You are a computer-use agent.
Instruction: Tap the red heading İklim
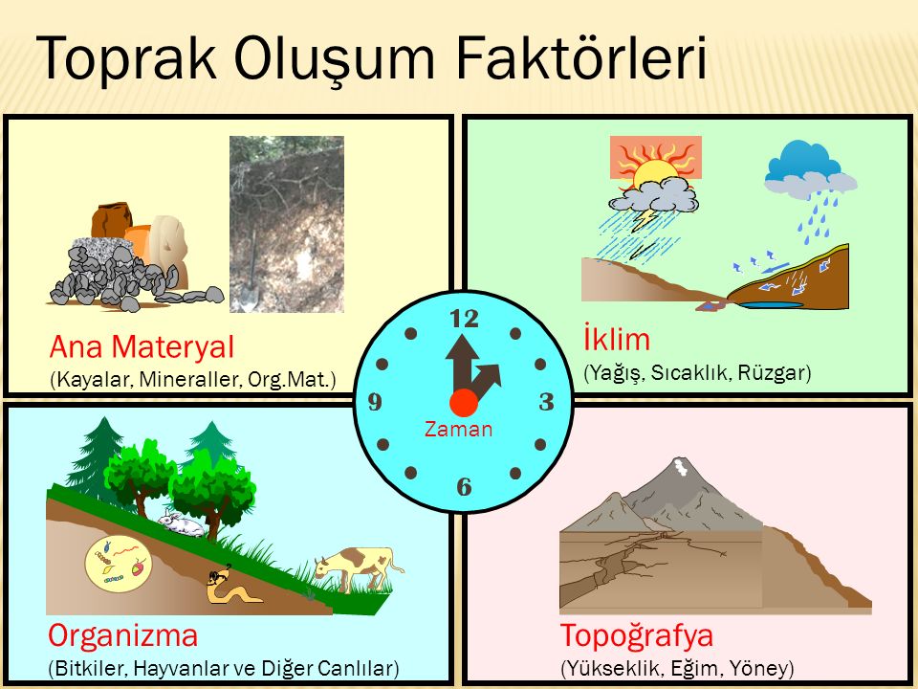(x=616, y=339)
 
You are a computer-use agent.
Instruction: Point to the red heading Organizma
(x=123, y=635)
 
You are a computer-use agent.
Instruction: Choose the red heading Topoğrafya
(x=637, y=635)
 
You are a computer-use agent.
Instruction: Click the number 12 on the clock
(x=464, y=318)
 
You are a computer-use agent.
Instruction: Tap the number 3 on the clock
(x=547, y=402)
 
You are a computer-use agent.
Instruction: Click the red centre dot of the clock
(x=464, y=402)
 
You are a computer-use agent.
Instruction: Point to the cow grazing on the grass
(x=356, y=566)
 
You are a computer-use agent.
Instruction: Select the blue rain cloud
(x=808, y=169)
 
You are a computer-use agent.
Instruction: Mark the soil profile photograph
(x=286, y=224)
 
